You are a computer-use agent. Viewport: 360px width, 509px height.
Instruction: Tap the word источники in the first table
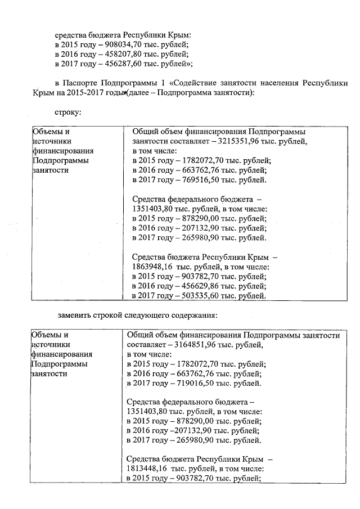point(51,141)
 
